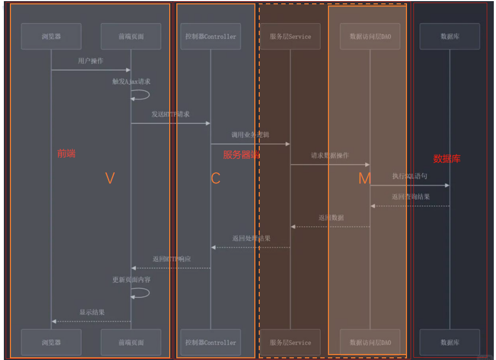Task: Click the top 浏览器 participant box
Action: [51, 37]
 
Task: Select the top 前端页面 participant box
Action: [131, 37]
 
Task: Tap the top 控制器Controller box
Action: [210, 37]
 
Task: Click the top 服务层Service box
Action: [290, 37]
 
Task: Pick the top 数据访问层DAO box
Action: [370, 37]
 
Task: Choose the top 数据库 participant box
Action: [449, 37]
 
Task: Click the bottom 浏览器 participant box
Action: [51, 342]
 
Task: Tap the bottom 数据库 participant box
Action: [449, 342]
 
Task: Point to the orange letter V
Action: [110, 178]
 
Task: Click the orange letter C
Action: [215, 178]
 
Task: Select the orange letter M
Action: [364, 178]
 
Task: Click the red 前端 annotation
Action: [66, 154]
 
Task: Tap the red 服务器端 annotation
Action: [241, 155]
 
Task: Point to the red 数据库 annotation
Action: [447, 159]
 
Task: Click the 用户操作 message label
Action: [91, 61]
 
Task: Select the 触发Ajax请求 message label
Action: [131, 82]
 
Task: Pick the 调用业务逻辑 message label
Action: [250, 134]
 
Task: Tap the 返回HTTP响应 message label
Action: [171, 259]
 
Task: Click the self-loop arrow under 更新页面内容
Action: [141, 293]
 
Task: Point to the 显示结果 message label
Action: [92, 312]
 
